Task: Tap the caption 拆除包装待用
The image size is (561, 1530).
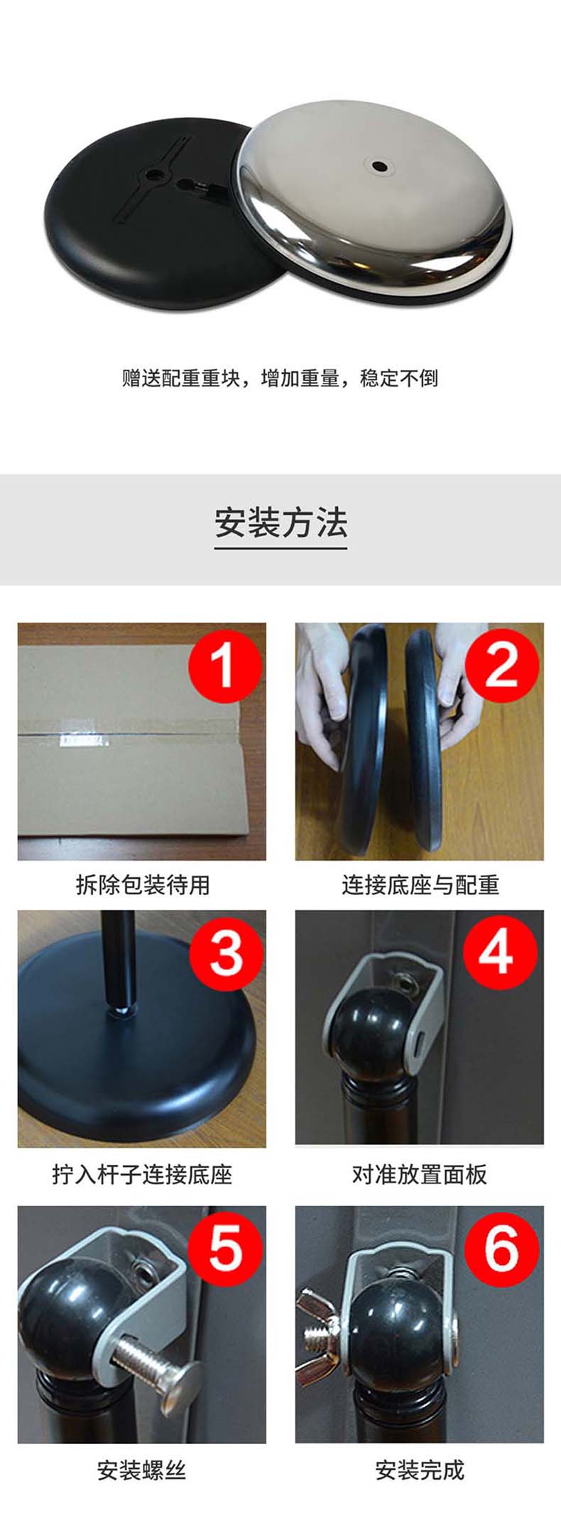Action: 142,885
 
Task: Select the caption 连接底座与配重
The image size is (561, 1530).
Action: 420,885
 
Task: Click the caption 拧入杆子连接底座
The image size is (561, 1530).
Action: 142,1174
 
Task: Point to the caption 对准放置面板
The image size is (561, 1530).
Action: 420,1174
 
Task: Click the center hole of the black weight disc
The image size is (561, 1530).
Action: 153,173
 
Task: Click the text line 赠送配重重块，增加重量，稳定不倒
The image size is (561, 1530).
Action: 280,378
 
